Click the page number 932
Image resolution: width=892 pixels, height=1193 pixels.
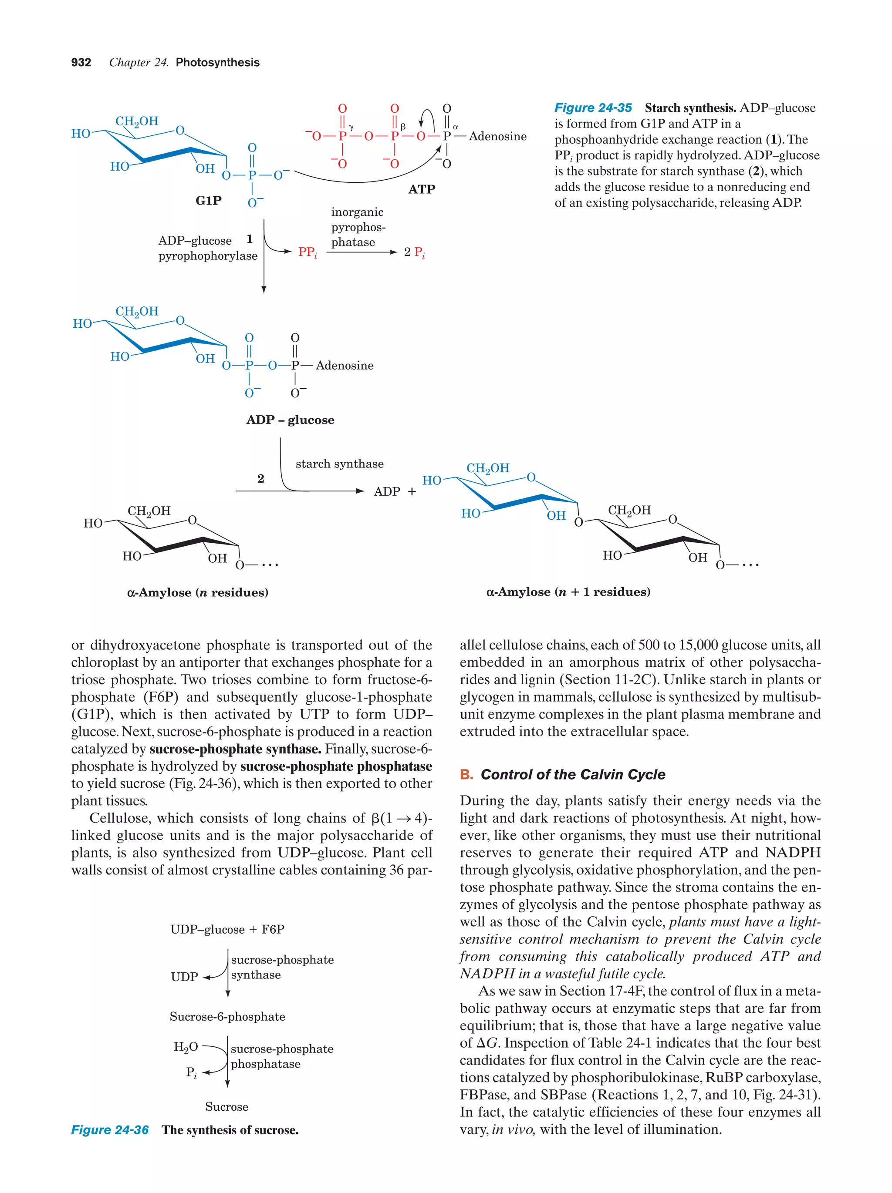[x=81, y=63]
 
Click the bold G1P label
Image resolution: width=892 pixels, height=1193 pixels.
[x=208, y=200]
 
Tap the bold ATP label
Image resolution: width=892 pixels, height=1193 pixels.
[x=422, y=189]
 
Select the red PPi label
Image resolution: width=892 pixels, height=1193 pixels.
[x=307, y=252]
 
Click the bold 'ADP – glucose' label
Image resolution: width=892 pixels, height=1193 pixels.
[x=291, y=420]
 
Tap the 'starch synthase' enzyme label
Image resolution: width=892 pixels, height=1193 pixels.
[x=339, y=464]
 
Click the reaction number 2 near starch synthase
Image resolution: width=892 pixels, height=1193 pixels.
[x=260, y=478]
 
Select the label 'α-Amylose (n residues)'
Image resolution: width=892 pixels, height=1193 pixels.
[x=197, y=592]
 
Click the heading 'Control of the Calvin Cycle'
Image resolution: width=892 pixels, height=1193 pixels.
[x=573, y=774]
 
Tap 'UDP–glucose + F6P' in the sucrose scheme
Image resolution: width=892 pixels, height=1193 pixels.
[x=227, y=929]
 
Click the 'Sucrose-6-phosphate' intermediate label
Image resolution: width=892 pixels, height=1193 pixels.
[x=227, y=1017]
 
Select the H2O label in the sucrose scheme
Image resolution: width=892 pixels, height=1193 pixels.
[x=186, y=1047]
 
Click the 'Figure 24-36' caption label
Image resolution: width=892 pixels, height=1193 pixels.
[x=110, y=1130]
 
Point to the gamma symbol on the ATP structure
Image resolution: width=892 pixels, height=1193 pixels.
[x=351, y=127]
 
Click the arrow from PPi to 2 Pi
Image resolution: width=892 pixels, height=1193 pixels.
[x=361, y=252]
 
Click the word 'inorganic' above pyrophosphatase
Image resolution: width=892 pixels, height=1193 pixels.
[x=357, y=212]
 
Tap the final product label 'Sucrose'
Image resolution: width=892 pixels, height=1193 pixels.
[x=226, y=1107]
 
